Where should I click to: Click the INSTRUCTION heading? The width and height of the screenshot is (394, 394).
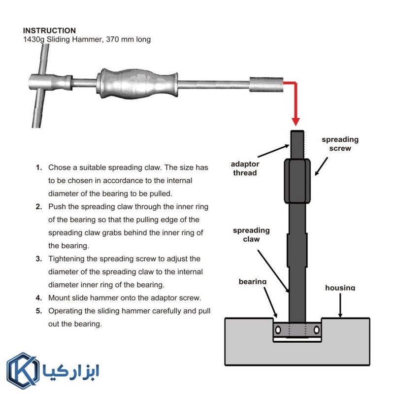(49, 31)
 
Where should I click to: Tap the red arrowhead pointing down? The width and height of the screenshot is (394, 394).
(296, 122)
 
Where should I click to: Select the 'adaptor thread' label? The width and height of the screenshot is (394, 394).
(245, 168)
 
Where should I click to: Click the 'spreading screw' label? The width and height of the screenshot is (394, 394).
(340, 144)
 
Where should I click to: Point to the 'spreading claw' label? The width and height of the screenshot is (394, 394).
(251, 235)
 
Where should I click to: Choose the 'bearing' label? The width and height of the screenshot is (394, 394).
(253, 281)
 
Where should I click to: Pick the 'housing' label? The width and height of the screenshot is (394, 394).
(340, 288)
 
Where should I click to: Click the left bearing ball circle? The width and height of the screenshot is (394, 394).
(278, 329)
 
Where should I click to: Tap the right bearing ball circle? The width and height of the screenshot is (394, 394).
(317, 329)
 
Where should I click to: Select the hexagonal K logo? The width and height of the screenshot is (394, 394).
(23, 371)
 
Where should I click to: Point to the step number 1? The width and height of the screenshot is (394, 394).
(39, 167)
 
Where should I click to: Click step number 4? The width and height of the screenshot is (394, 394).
(39, 298)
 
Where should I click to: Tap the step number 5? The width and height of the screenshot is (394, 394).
(39, 311)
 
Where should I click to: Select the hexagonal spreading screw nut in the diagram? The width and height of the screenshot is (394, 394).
(297, 181)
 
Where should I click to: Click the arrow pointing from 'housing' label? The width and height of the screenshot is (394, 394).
(340, 305)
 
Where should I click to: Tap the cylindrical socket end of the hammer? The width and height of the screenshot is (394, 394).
(266, 85)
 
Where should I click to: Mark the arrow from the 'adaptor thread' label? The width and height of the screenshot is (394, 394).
(273, 151)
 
